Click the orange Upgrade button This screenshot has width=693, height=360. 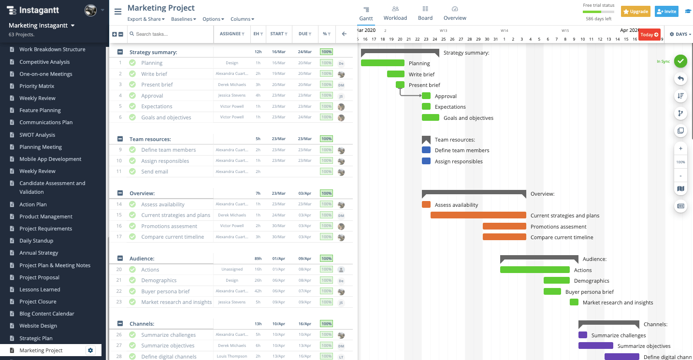point(635,12)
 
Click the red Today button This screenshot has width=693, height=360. point(650,35)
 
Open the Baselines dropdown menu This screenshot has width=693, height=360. point(184,19)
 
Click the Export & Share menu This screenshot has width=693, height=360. point(146,19)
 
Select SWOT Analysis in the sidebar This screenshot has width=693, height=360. point(37,135)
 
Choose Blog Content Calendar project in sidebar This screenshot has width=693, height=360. point(47,314)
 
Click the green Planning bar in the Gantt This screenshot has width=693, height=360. point(382,63)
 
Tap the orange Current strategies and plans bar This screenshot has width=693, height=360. point(478,216)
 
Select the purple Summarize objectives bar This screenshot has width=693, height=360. point(595,346)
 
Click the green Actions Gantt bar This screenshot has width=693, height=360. point(534,270)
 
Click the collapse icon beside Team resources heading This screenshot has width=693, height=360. point(120,139)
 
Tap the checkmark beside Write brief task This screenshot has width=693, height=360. point(132,74)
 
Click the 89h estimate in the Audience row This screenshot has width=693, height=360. point(258,259)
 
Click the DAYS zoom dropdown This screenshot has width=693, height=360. point(680,34)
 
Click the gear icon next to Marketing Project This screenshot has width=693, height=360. point(90,350)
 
